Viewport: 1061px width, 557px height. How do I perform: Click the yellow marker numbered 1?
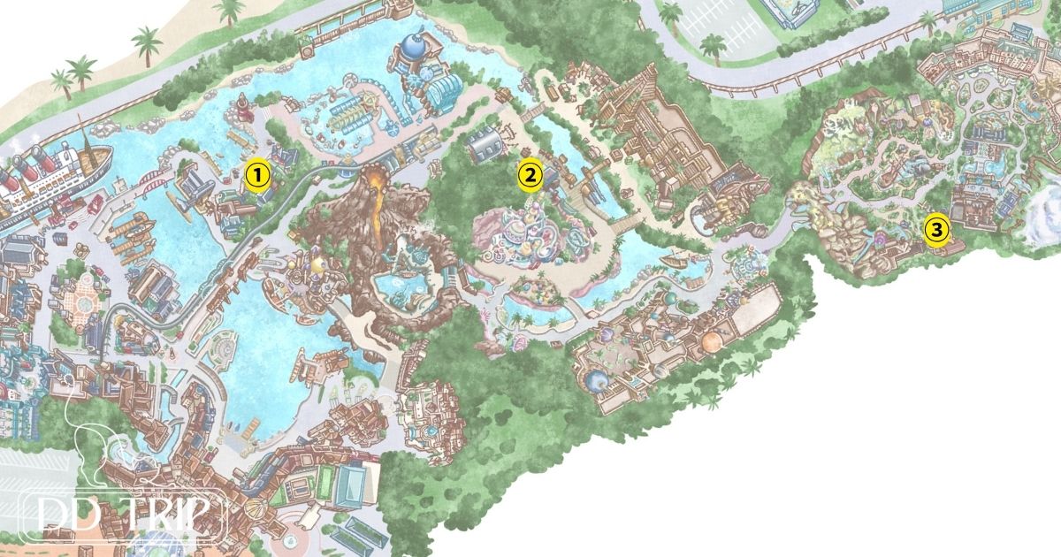pyautogui.click(x=256, y=175)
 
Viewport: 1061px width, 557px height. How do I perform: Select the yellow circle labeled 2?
pyautogui.click(x=529, y=175)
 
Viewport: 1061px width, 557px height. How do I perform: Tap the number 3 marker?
pyautogui.click(x=936, y=230)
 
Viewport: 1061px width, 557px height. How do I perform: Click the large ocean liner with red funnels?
pyautogui.click(x=44, y=177)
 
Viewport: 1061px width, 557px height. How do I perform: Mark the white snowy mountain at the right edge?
pyautogui.click(x=1043, y=212)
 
